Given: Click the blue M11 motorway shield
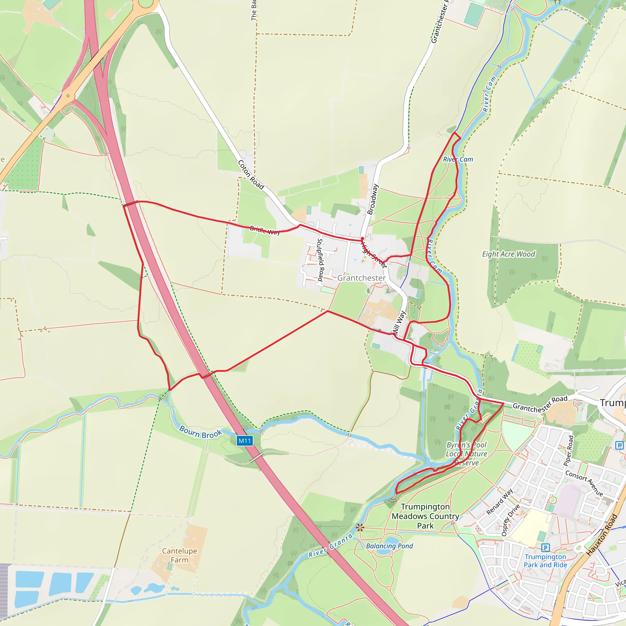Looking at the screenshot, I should click(245, 441).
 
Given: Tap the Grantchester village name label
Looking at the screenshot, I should click(361, 278).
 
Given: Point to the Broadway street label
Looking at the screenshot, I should click(373, 199).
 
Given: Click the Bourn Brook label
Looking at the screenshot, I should click(201, 432).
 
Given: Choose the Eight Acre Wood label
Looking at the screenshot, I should click(508, 254).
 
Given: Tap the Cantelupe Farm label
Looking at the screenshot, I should click(179, 555).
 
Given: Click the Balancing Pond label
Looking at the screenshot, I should click(389, 546).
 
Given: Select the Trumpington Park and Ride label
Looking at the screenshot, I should click(545, 561).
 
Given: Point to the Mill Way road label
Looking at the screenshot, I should click(399, 323).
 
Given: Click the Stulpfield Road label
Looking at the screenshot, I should click(320, 260).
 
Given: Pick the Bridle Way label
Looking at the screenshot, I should click(265, 230).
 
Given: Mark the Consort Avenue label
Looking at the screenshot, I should click(584, 483).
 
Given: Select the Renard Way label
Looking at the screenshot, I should click(500, 502).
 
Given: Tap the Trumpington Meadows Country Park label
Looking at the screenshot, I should click(425, 516).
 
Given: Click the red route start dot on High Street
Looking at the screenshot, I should click(362, 238).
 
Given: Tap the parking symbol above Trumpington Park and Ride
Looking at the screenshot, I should click(546, 547).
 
